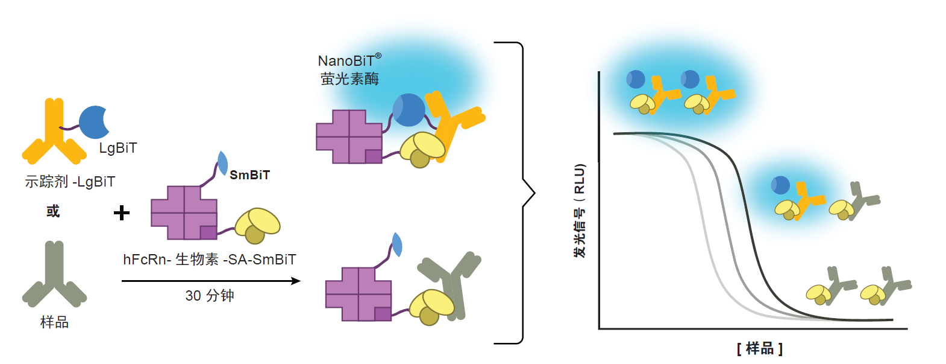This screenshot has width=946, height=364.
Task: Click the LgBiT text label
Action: pos(118,148)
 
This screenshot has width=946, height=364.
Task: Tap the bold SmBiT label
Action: pos(249,175)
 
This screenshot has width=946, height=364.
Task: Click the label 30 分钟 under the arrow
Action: pos(210,296)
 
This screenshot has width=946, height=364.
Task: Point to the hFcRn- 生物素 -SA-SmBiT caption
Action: pos(210,260)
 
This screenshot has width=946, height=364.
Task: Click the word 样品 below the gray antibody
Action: pos(54,322)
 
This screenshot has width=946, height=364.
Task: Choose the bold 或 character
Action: pos(53,211)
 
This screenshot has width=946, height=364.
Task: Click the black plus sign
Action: pos(122,212)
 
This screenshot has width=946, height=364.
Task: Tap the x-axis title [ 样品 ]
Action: pos(759,348)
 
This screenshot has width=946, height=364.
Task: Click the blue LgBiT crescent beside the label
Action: pos(93,122)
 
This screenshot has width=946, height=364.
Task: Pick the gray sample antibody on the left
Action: pos(54,275)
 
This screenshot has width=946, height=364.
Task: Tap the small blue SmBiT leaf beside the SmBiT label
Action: pos(222,163)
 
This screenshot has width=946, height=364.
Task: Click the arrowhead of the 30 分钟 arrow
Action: pos(296,281)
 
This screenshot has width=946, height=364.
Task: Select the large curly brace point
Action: pos(532,194)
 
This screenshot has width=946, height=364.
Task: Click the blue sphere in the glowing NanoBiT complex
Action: pos(409,110)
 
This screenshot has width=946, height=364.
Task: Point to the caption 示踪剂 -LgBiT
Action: pos(70,182)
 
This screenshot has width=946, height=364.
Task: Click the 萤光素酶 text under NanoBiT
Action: pos(349,79)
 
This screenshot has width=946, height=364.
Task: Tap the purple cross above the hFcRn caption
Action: pos(183,212)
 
